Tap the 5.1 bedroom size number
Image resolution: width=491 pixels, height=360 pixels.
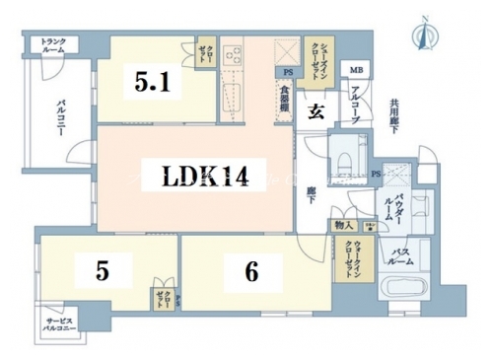[154, 84]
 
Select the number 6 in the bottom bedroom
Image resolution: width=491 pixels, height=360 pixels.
[251, 272]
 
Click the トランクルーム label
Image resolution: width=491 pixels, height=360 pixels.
[53, 44]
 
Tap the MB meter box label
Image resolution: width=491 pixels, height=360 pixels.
[353, 71]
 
